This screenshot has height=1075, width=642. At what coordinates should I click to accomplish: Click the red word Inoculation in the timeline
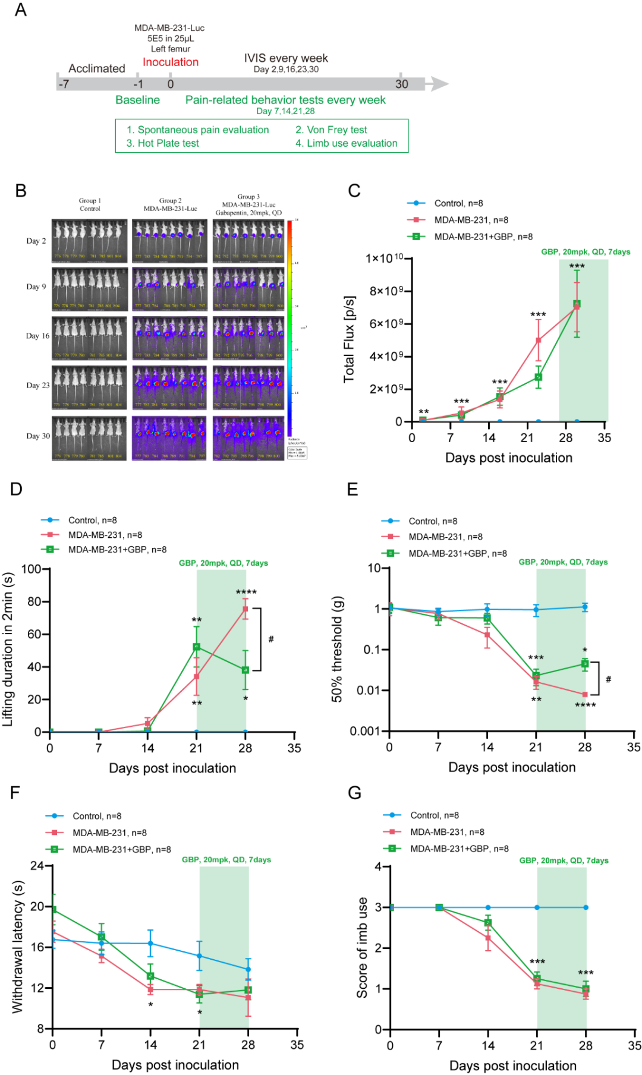171,62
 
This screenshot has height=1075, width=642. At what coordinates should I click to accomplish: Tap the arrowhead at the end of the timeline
439,84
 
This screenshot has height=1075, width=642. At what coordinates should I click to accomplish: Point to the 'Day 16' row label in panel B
37,336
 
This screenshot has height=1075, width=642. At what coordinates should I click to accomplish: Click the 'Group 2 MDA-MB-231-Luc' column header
170,204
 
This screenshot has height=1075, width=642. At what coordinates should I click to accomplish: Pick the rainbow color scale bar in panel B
289,327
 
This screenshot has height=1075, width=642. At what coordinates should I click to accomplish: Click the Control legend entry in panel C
458,203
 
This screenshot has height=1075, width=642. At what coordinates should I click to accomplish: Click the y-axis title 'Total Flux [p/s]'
349,339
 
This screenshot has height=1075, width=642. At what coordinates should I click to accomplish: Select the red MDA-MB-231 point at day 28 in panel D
245,609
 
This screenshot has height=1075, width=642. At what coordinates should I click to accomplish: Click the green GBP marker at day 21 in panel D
196,647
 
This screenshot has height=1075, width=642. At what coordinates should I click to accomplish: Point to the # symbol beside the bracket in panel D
271,639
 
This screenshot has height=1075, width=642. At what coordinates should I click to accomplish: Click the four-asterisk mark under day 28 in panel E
585,705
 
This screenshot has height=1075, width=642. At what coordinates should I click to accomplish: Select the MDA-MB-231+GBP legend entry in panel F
121,849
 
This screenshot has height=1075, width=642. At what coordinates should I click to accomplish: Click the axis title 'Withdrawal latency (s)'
17,947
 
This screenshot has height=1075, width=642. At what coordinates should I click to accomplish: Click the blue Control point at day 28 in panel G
586,907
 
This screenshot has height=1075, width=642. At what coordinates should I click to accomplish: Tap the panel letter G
354,793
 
